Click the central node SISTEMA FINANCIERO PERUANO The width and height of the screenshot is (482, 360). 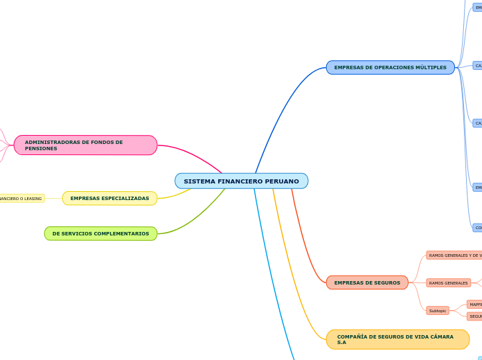click(241, 181)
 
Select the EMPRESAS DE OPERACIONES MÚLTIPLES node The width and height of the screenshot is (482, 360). click(390, 68)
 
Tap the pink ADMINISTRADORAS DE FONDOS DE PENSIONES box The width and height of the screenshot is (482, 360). click(85, 145)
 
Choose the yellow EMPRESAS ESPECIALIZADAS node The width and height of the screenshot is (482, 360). click(109, 199)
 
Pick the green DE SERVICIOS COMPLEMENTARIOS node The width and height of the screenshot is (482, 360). click(100, 234)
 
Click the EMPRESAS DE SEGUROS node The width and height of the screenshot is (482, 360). click(367, 283)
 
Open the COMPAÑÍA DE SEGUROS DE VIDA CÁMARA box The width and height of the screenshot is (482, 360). click(398, 340)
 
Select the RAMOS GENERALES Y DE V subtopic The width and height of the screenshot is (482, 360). click(454, 255)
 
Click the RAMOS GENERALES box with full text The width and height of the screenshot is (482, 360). click(448, 283)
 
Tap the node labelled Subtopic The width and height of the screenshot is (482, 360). click(438, 311)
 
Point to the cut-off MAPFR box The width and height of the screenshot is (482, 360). click(474, 305)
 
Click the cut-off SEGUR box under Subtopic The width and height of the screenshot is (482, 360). click(474, 316)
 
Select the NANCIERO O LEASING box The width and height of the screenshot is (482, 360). click(21, 199)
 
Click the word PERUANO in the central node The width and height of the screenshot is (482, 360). click(281, 181)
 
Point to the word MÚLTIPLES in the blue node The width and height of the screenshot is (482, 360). click(430, 68)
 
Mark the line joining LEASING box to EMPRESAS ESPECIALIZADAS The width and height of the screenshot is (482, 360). click(53, 199)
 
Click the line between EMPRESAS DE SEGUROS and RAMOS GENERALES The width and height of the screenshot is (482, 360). click(417, 283)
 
